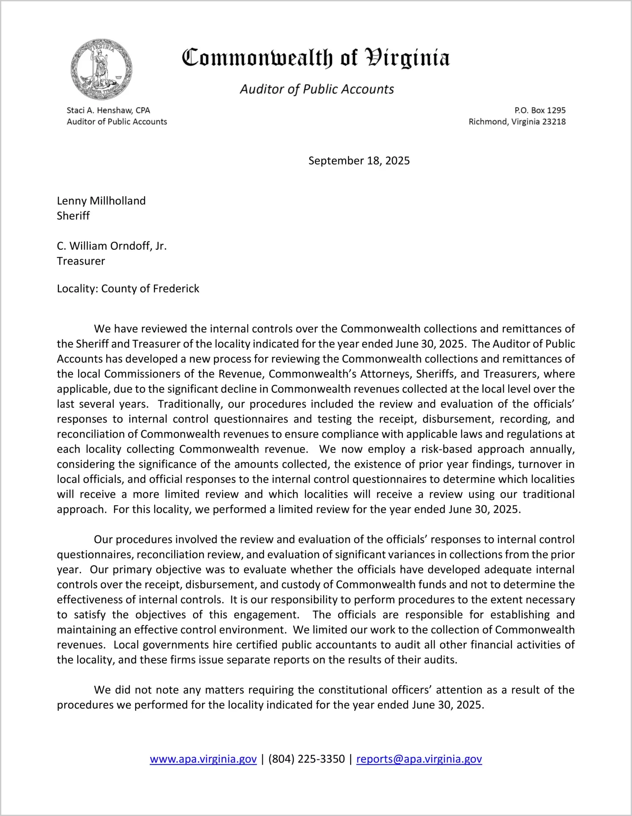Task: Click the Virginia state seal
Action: pos(101,69)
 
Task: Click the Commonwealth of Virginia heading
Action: pos(316,58)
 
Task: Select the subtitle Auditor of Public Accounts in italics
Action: pos(317,89)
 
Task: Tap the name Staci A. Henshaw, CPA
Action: pos(108,110)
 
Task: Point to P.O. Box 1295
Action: pos(540,110)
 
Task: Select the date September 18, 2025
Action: pos(359,161)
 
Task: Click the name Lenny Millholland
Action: pos(101,201)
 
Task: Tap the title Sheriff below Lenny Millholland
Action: pos(73,216)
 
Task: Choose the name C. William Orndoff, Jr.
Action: pos(112,246)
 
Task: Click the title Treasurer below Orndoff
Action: pos(81,261)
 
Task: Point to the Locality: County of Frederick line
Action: pos(128,289)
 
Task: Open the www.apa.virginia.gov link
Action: pos(203,759)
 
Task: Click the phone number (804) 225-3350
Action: pos(306,759)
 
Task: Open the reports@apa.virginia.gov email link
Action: pos(419,759)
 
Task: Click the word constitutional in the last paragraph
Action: pos(358,690)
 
